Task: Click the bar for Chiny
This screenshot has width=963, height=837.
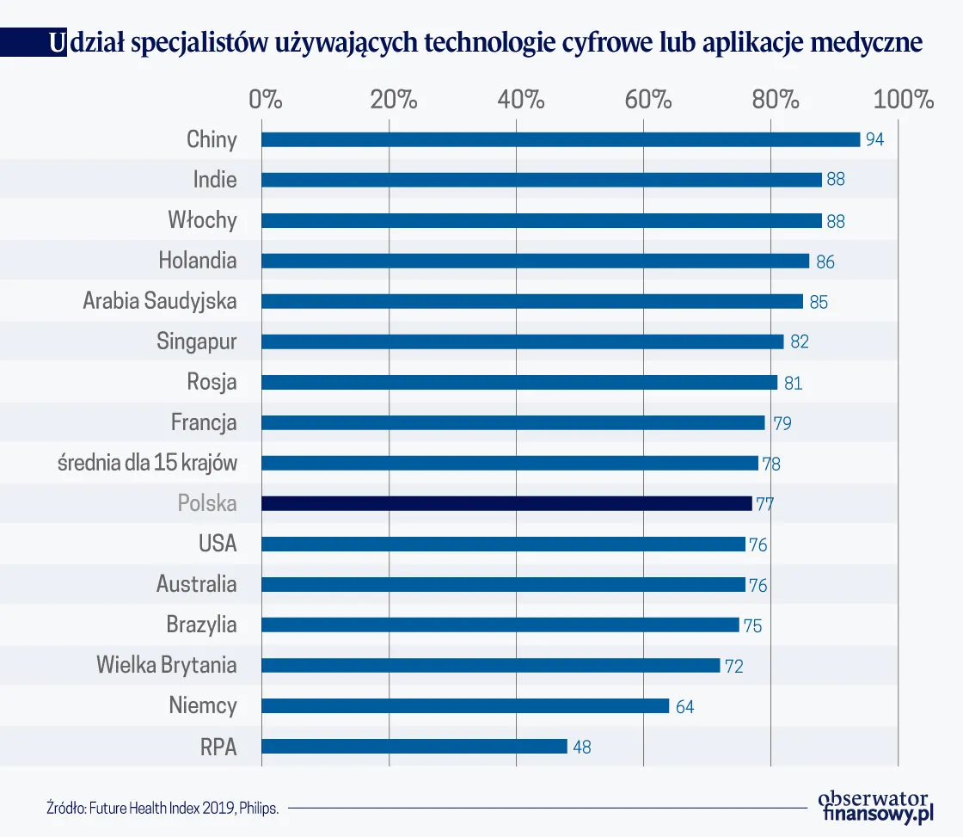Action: (561, 139)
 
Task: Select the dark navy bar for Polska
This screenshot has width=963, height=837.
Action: (506, 503)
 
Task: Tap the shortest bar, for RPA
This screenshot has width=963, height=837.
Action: (414, 746)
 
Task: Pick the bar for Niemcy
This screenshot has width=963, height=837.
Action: (465, 705)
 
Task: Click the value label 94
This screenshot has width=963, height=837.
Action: (874, 140)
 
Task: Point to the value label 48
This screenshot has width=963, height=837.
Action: (581, 747)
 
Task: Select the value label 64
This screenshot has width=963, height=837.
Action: (684, 706)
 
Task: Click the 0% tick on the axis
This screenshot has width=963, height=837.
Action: (266, 99)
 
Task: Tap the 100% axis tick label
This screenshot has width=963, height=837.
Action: (903, 99)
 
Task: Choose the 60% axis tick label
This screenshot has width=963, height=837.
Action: (648, 99)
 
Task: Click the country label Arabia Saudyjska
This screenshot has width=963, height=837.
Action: (160, 301)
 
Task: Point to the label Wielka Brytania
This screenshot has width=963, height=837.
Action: (166, 665)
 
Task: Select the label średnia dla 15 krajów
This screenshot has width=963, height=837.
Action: (147, 463)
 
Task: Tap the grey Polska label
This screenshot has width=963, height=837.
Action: (207, 503)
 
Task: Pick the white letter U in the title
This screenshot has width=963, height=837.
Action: (56, 43)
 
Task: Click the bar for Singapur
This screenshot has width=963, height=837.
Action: (522, 342)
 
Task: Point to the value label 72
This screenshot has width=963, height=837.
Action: (733, 666)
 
